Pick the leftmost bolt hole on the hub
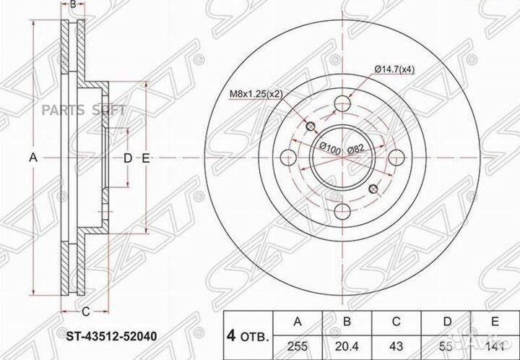tap(287, 158)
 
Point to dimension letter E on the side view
tap(146, 158)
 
